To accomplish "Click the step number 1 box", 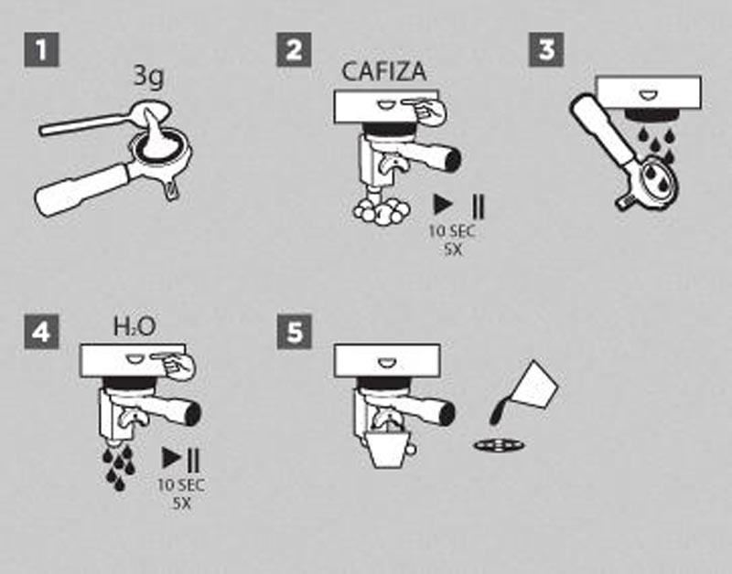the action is click(x=41, y=49).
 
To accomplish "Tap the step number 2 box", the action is click(x=294, y=49).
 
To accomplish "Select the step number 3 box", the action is click(x=546, y=49).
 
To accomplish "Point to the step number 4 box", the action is click(x=41, y=332).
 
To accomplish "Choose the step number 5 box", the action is click(x=294, y=332).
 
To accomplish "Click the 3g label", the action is click(x=149, y=76).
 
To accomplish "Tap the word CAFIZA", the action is click(x=383, y=72).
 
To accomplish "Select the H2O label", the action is click(x=135, y=326).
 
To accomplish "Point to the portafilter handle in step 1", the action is click(x=81, y=189).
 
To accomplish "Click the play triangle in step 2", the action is click(x=443, y=205).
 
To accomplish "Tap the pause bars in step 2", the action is click(x=479, y=207).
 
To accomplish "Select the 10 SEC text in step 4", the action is click(x=181, y=485).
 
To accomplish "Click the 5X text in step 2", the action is click(x=453, y=250).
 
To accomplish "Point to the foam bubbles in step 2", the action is click(x=382, y=212).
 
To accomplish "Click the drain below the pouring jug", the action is click(x=499, y=446).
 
